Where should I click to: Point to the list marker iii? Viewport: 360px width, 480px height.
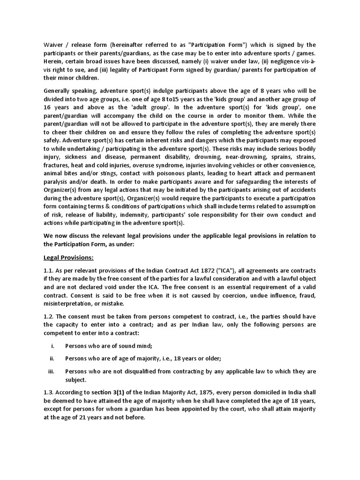(51, 372)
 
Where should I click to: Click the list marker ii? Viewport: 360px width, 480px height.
(52, 359)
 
